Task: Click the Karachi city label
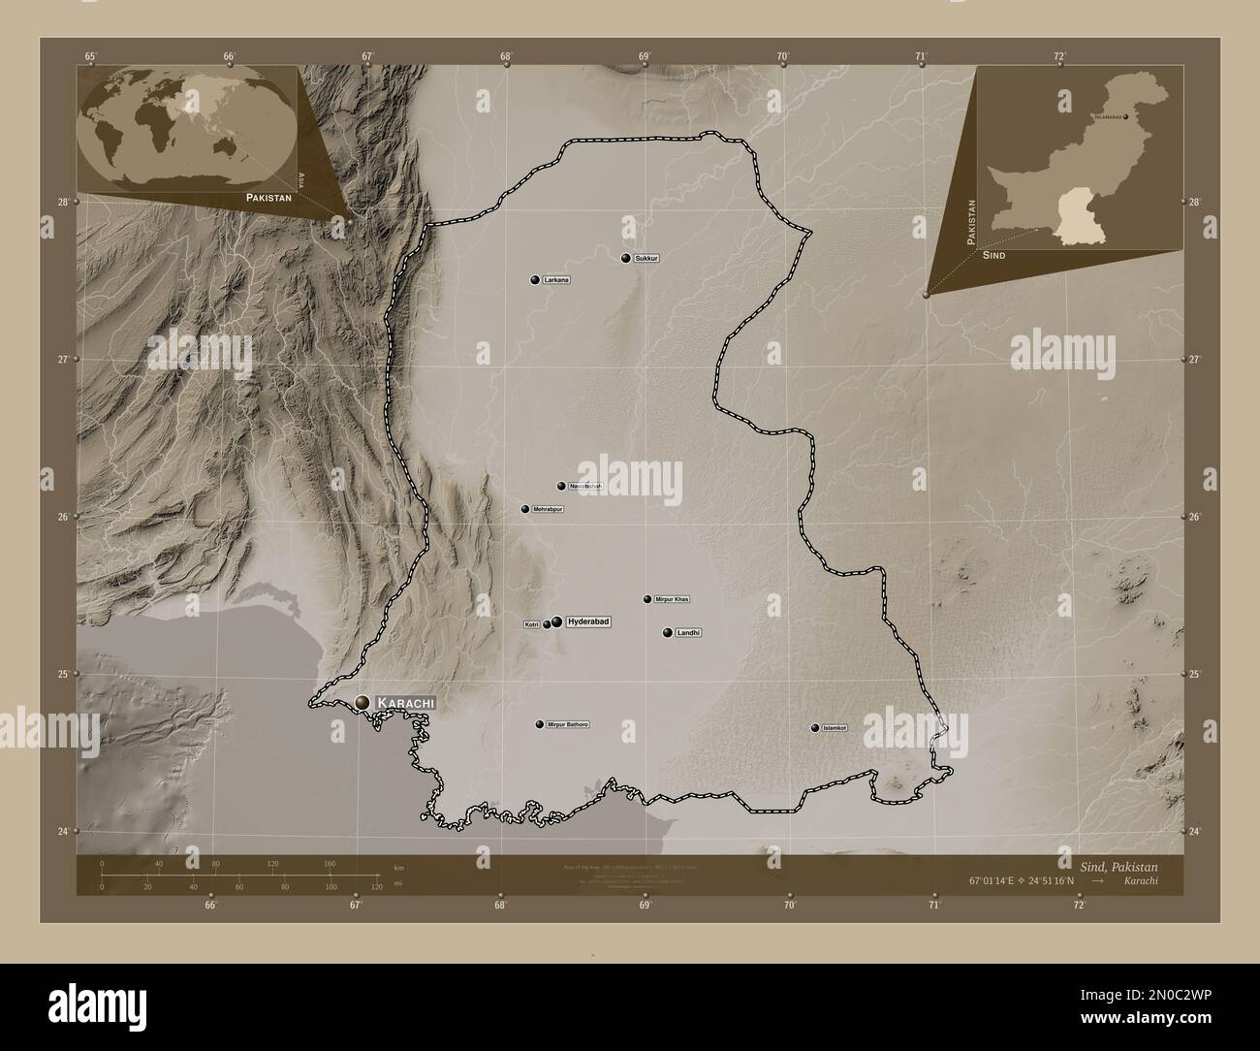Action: coord(404,702)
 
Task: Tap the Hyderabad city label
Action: coord(588,621)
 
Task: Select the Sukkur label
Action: coord(646,259)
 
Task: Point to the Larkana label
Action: coord(556,280)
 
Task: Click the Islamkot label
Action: coord(835,728)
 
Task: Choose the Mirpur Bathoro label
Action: coord(568,724)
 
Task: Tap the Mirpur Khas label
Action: coord(672,599)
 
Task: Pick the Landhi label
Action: coord(688,633)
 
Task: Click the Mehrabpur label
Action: coord(548,509)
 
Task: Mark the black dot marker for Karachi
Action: coord(362,702)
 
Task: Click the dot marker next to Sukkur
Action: coord(626,259)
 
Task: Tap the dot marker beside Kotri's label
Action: coord(548,624)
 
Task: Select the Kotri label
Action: coord(531,624)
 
